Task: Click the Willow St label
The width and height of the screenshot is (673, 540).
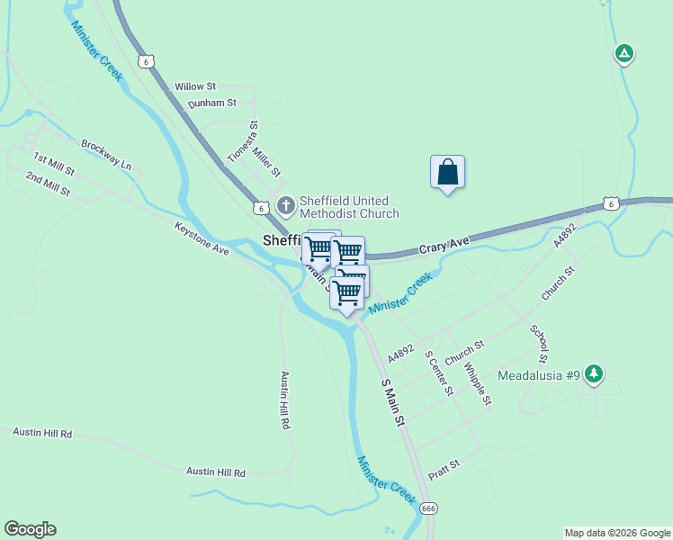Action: tap(195, 86)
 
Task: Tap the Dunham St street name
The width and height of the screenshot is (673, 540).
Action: tap(211, 104)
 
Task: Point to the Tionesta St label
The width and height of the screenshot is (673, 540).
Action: tap(242, 141)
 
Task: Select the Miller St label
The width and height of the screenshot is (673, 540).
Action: tap(267, 161)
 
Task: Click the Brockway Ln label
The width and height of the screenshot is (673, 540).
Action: tap(106, 155)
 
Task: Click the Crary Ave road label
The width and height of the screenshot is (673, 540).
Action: tap(444, 244)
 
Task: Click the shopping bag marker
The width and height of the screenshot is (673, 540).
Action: tap(447, 172)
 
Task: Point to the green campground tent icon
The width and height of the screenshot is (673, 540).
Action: tap(624, 54)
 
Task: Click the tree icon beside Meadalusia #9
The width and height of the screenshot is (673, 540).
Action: tap(593, 373)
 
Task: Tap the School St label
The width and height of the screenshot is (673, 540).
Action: tap(540, 345)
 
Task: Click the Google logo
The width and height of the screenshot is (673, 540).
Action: tap(30, 529)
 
